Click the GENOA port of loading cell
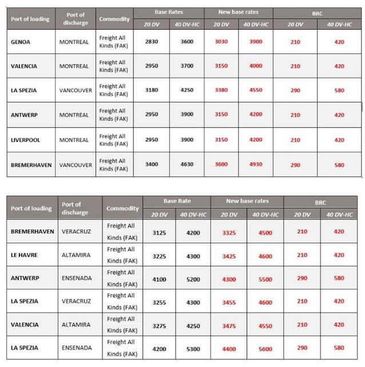pos(21,42)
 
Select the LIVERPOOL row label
pos(26,140)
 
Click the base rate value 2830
pos(151,42)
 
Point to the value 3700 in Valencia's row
pos(187,66)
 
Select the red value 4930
pos(256,165)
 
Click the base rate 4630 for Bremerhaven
pos(187,165)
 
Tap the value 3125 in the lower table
pos(160,232)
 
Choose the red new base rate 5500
pos(265,278)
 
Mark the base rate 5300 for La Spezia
pos(193,348)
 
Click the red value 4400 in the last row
pos(229,348)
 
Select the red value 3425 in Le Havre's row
pos(229,255)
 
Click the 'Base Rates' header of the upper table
pos(169,12)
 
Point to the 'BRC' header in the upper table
pos(318,12)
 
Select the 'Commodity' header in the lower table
pos(122,208)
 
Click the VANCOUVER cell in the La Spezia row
pos(76,90)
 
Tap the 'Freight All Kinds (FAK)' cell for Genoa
pos(113,42)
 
